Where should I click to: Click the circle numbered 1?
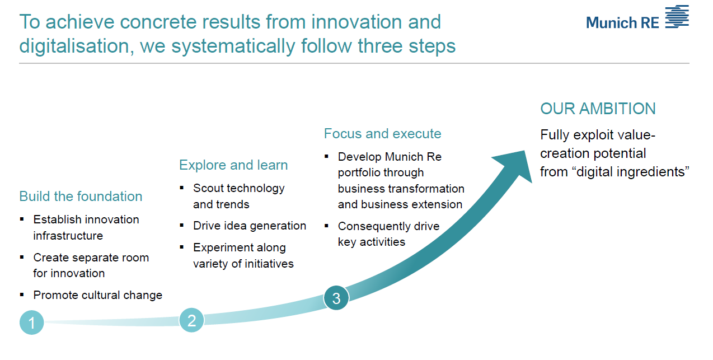pos(31,322)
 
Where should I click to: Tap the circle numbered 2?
pos(191,320)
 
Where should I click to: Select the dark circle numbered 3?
pos(336,298)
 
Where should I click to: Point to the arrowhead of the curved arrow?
pos(515,165)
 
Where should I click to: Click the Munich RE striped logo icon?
pos(677,17)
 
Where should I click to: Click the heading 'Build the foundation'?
pos(81,196)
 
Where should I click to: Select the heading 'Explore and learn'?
pos(233,165)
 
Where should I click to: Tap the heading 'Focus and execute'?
pos(383,134)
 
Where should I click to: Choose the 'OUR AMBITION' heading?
pos(598,109)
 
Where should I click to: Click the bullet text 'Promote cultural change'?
pos(98,295)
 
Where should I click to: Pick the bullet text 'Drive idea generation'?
pos(250,226)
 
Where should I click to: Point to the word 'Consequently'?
pos(374,226)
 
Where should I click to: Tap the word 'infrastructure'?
pos(68,236)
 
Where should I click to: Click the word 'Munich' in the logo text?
pos(612,22)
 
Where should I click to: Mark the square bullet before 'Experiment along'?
pos(182,247)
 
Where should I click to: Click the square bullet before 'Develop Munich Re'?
pos(326,156)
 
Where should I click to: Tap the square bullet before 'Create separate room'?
pos(22,257)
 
